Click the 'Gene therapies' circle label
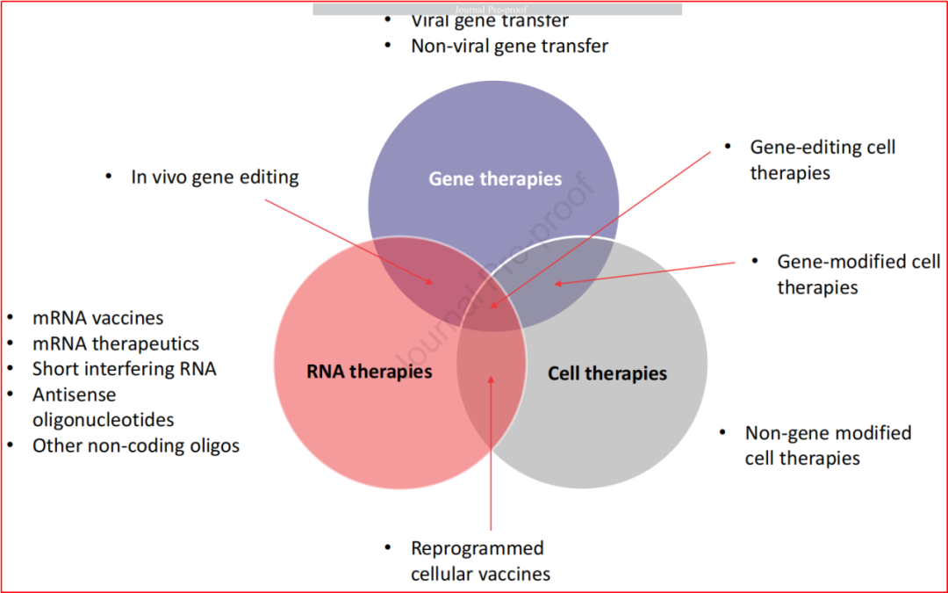click(x=495, y=179)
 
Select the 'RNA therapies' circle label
click(x=370, y=371)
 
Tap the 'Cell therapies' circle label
click(x=607, y=373)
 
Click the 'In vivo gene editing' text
click(x=215, y=177)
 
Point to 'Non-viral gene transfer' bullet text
click(x=510, y=46)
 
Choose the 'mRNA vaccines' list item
click(x=98, y=318)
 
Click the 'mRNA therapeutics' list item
click(x=116, y=344)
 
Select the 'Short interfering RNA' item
click(x=124, y=369)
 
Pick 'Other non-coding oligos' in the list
click(x=136, y=446)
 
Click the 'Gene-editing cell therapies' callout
click(x=822, y=160)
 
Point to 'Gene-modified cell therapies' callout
click(x=858, y=274)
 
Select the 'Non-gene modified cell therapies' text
click(x=828, y=445)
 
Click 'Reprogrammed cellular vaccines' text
click(x=481, y=560)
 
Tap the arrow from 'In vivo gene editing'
click(x=348, y=242)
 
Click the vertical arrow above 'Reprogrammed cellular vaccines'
click(x=491, y=453)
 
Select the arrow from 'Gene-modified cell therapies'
click(x=644, y=273)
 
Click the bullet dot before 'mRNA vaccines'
click(x=11, y=317)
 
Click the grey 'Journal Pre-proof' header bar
click(x=497, y=9)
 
